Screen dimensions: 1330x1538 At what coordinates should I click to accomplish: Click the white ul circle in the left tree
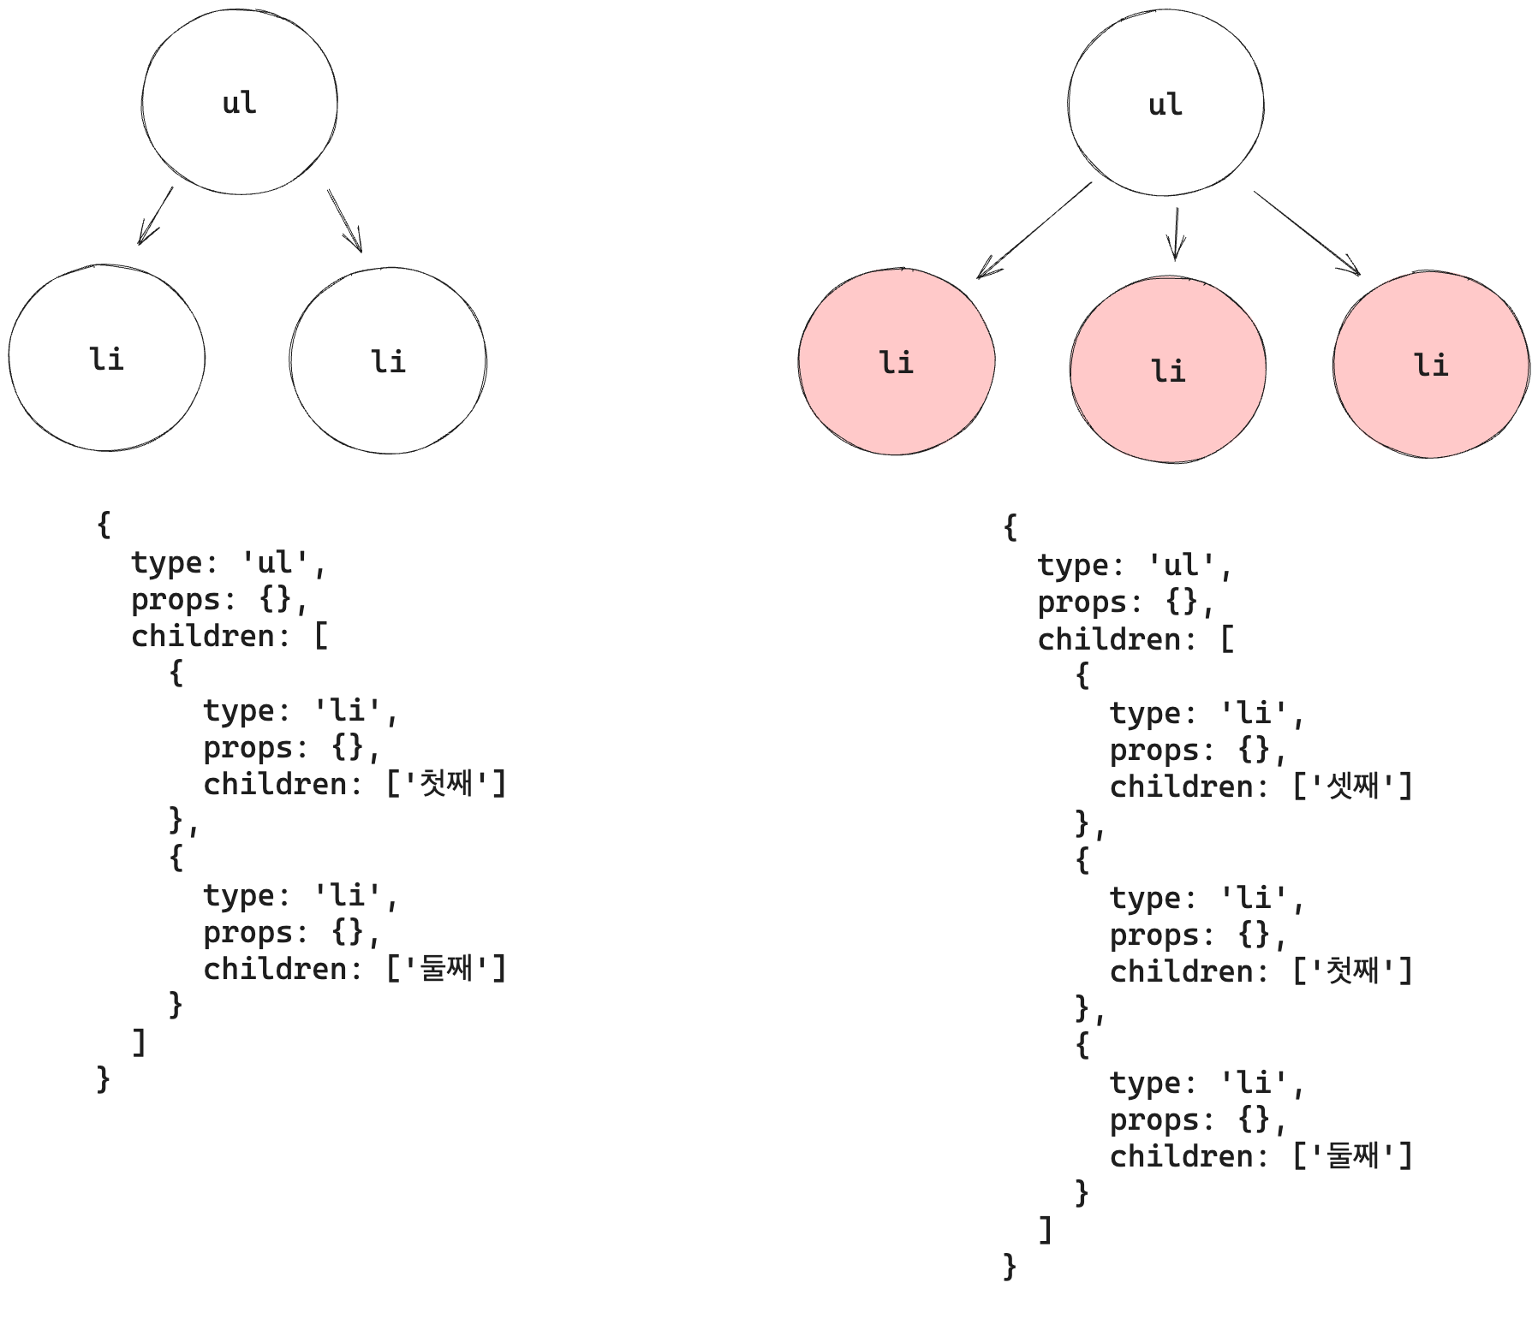[x=239, y=102]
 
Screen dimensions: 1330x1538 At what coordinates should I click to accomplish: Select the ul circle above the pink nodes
[x=1165, y=104]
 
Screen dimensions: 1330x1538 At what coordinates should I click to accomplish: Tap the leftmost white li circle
[x=107, y=358]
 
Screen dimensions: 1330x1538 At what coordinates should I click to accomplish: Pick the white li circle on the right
[x=388, y=360]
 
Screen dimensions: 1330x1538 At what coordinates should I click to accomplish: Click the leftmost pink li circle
[x=897, y=362]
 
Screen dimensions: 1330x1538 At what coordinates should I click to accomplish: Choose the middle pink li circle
[x=1168, y=370]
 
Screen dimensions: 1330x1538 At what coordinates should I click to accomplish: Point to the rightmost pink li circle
[x=1431, y=365]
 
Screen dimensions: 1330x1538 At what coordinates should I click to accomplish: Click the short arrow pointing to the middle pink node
[x=1177, y=234]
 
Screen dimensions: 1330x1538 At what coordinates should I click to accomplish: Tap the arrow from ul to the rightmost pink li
[x=1307, y=232]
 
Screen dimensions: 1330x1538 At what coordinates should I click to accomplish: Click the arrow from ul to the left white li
[x=156, y=216]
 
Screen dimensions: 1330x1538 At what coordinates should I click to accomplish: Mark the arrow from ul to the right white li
[x=345, y=221]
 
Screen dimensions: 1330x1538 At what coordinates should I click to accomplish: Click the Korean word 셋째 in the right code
[x=1352, y=786]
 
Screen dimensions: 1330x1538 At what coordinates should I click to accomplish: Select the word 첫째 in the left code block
[x=446, y=783]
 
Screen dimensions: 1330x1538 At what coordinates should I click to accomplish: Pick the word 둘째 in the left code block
[x=446, y=968]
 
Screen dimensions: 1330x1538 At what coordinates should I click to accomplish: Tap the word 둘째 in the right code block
[x=1352, y=1155]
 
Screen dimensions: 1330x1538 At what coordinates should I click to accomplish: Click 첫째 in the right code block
[x=1352, y=971]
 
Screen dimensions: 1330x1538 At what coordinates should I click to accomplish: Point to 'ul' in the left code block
[x=276, y=562]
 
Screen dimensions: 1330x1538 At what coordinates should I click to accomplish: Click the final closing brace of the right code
[x=1010, y=1265]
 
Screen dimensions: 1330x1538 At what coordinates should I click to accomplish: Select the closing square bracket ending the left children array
[x=139, y=1042]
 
